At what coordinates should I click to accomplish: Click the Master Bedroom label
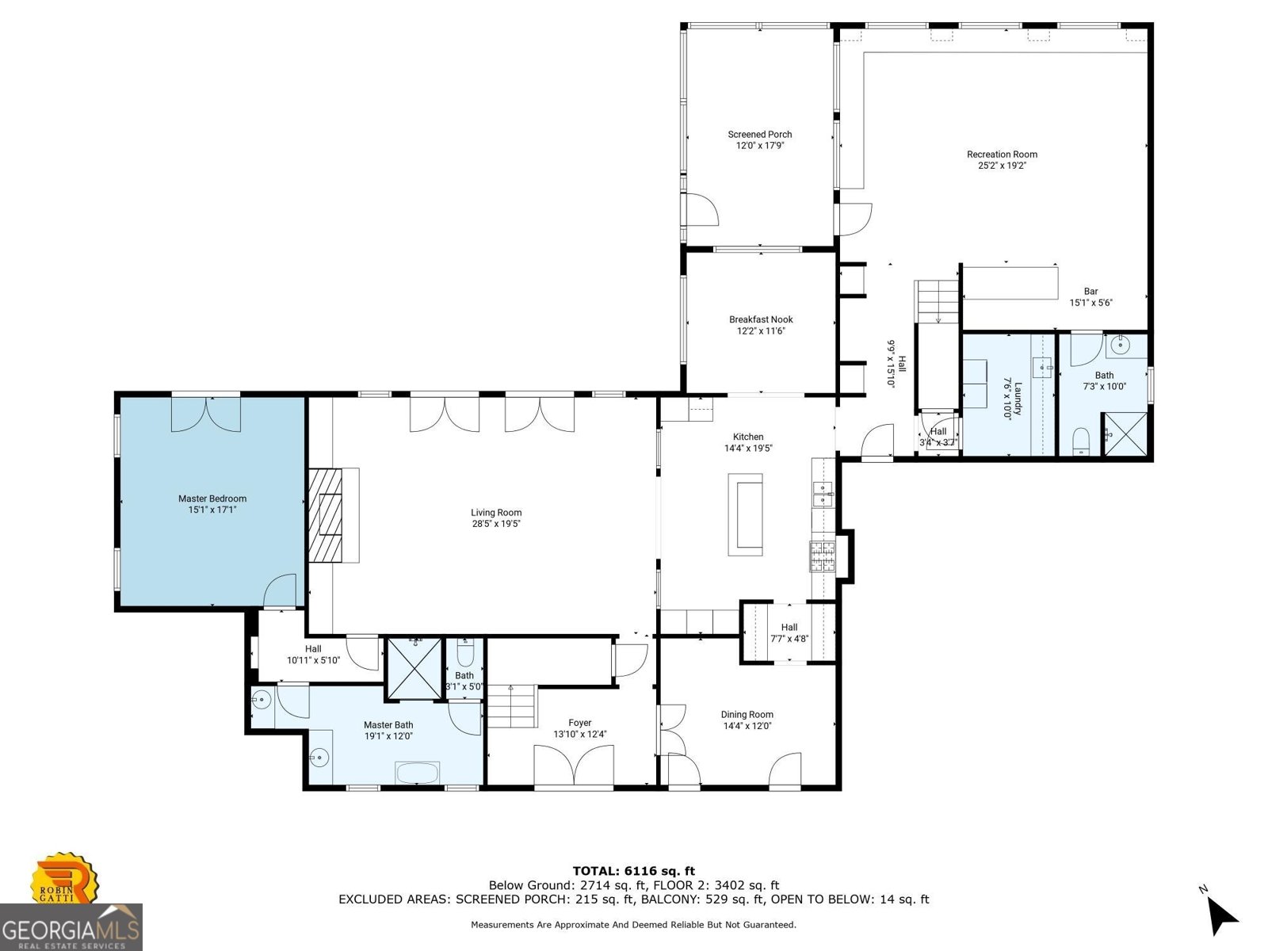tap(212, 498)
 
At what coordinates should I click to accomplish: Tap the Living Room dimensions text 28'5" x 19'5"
tap(496, 524)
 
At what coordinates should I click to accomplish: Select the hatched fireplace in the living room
tap(325, 515)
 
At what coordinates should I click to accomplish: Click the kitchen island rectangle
tap(745, 514)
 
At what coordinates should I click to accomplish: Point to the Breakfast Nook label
tap(761, 319)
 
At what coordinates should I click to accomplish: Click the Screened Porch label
tap(760, 135)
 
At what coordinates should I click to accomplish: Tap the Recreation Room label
tap(1002, 155)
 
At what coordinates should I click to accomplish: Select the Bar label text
tap(1091, 292)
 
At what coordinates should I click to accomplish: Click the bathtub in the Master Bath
tap(417, 773)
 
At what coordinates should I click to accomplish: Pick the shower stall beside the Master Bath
tap(414, 668)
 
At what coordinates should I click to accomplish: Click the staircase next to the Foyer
tap(511, 707)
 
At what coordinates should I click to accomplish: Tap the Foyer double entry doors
tap(574, 767)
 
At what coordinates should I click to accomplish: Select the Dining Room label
tap(747, 714)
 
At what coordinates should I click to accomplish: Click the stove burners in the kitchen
tap(822, 556)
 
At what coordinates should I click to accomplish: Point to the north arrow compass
tap(1221, 916)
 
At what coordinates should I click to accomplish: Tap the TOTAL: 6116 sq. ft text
tap(633, 871)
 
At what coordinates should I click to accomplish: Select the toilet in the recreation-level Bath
tap(1081, 441)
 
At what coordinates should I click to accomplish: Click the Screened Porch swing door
tap(701, 210)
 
